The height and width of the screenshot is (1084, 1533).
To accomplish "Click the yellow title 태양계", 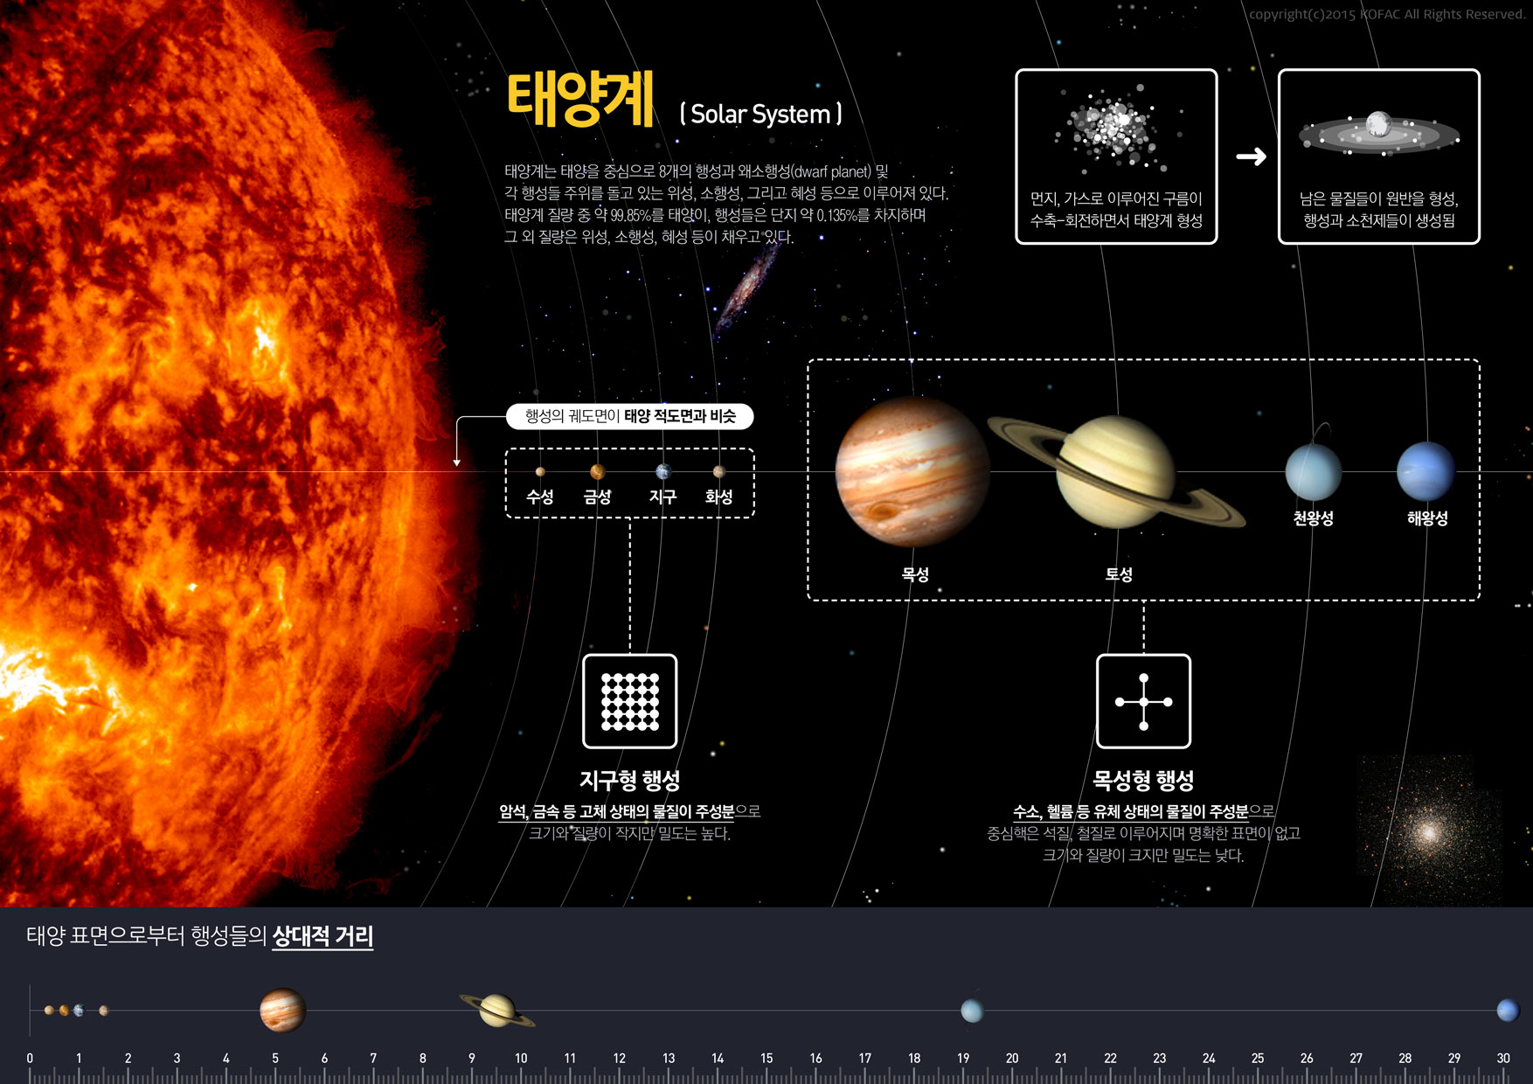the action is point(580,100).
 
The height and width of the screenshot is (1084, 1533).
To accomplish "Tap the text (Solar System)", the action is point(761,115).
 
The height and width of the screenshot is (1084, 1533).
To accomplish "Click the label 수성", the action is point(540,497).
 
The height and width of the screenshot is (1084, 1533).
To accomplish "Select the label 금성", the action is point(597,497).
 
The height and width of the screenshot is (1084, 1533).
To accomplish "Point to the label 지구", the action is point(662,497).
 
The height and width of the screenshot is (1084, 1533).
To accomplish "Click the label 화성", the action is point(718,497).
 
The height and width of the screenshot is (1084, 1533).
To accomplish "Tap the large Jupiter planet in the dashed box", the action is point(912,472).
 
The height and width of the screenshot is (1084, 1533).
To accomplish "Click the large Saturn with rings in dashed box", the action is point(1116,472).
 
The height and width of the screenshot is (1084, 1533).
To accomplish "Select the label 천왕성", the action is point(1314,518).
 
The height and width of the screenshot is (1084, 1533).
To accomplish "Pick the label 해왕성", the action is point(1427,518).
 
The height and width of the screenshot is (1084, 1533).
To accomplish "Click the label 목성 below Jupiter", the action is point(915,574).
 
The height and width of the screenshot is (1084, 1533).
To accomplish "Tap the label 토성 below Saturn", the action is point(1119,574).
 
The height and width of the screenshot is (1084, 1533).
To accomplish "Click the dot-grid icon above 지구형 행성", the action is point(630,701).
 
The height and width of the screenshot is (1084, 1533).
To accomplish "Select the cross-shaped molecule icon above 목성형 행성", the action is point(1143,701).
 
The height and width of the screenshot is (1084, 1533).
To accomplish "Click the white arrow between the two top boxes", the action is point(1251,156).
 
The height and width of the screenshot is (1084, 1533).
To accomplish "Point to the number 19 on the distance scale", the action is point(963,1058).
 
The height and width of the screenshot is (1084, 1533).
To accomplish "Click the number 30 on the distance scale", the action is point(1503,1058).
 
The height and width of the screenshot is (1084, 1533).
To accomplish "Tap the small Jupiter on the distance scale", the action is point(282,1011).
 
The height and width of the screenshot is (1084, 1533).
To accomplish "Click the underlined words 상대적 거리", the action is point(323,936).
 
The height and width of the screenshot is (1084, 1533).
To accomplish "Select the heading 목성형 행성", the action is point(1143,780).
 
